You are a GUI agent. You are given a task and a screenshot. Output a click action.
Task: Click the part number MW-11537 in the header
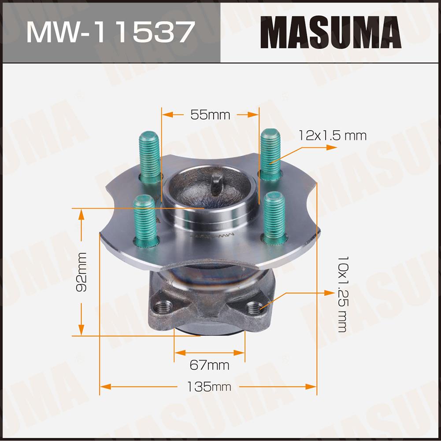[111, 32]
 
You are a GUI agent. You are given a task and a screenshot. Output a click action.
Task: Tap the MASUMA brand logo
[330, 32]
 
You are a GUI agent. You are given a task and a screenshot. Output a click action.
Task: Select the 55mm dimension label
[210, 115]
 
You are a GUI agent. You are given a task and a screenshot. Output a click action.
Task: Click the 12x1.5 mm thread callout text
[332, 136]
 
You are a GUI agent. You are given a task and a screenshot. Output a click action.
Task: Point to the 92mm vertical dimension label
[82, 272]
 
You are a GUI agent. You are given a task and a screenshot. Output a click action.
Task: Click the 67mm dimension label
[209, 365]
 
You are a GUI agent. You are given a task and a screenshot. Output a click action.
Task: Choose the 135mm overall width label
[209, 387]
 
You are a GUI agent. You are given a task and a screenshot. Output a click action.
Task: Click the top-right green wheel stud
[271, 154]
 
